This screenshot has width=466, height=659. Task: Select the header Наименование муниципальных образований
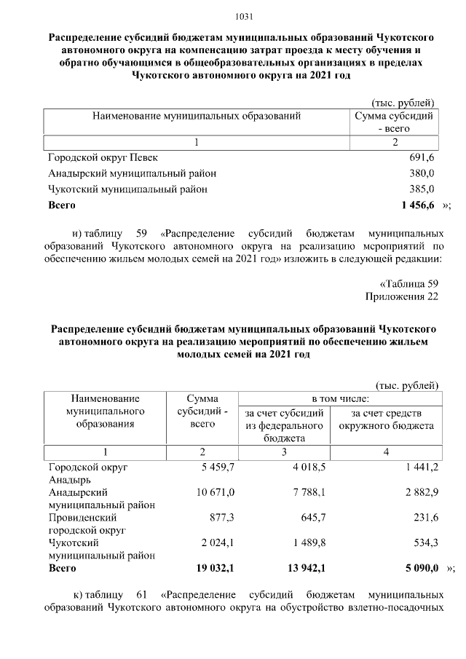tap(196, 116)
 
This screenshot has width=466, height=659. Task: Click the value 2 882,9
tap(422, 493)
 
